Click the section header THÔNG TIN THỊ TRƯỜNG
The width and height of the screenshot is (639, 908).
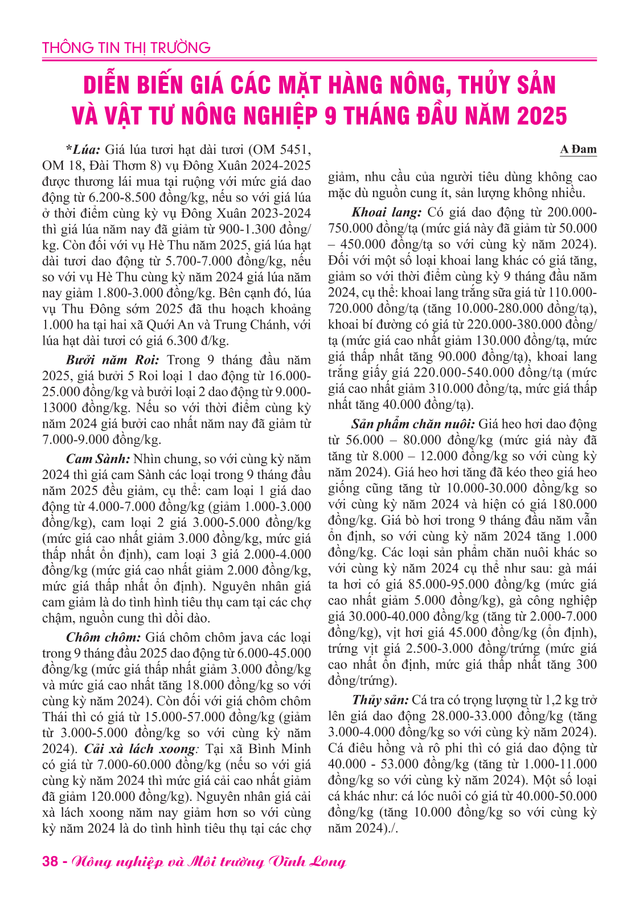[126, 47]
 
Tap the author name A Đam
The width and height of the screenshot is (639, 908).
[577, 150]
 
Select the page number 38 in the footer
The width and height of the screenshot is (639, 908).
[50, 861]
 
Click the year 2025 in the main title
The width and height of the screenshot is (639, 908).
[542, 116]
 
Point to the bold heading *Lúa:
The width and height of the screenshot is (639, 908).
[83, 150]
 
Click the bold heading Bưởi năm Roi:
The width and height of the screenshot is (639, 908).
[113, 360]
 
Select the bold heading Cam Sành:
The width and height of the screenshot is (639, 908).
[98, 459]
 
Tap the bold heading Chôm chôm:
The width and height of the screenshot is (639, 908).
[103, 637]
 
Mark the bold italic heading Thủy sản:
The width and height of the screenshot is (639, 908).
[380, 701]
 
